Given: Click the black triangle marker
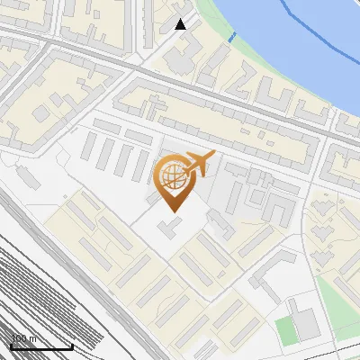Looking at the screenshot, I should click(x=181, y=24).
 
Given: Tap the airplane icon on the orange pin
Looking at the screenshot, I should click(x=198, y=165).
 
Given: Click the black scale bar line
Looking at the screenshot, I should click(x=41, y=346).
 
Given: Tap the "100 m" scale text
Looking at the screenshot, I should click(x=23, y=339).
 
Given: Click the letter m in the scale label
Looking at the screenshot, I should click(x=34, y=339).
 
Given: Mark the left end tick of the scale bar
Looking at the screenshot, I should click(x=11, y=345).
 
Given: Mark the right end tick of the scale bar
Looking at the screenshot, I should click(x=72, y=345).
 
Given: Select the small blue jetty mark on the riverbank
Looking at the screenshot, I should click(x=232, y=38).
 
